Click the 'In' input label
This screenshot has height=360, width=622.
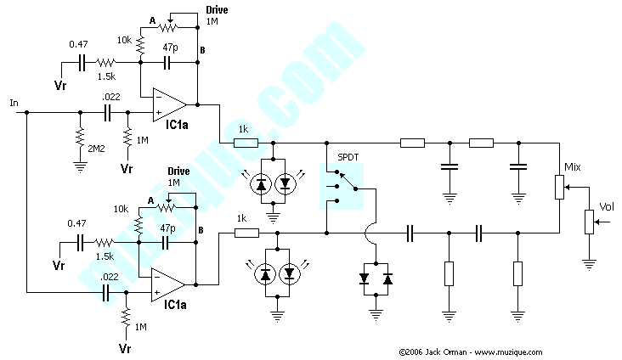click(x=14, y=103)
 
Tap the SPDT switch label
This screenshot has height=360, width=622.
click(x=348, y=158)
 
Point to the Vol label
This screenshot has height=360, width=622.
click(x=608, y=206)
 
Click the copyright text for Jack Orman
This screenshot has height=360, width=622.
click(x=469, y=352)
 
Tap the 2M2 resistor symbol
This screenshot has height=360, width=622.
click(x=78, y=136)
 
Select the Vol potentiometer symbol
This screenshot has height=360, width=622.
click(x=588, y=221)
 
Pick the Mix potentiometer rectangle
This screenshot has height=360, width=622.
click(x=560, y=187)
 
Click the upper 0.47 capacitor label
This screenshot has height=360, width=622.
click(x=79, y=44)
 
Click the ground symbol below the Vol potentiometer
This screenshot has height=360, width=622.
click(x=588, y=263)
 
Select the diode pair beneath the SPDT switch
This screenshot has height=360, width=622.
click(x=376, y=278)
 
